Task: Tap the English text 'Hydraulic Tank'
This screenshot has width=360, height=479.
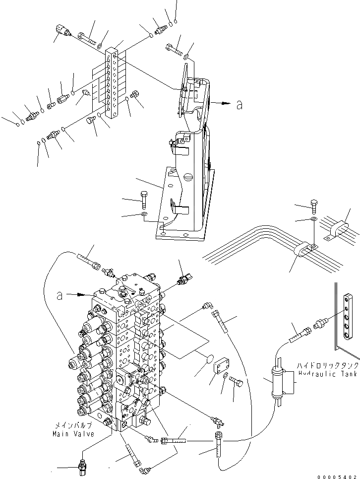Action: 325,374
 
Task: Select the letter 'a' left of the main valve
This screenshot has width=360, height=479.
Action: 59,296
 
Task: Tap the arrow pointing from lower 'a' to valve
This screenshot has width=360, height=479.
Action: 80,294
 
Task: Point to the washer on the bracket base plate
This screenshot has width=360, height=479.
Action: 144,214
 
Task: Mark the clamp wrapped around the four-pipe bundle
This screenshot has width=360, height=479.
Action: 302,249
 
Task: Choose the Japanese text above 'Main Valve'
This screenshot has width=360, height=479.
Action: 72,426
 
